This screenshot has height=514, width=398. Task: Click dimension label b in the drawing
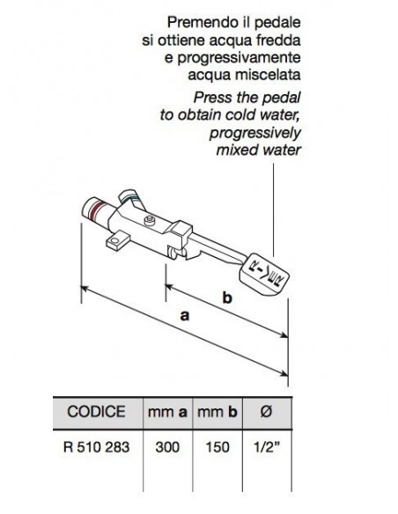point(226,299)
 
